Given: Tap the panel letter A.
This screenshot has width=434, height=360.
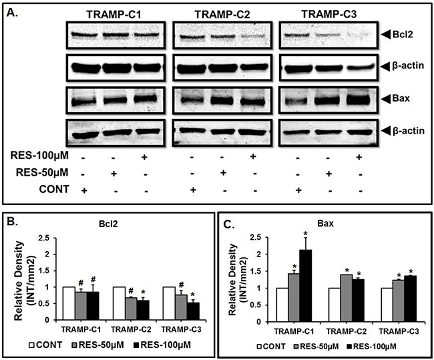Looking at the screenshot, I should click(12, 11).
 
